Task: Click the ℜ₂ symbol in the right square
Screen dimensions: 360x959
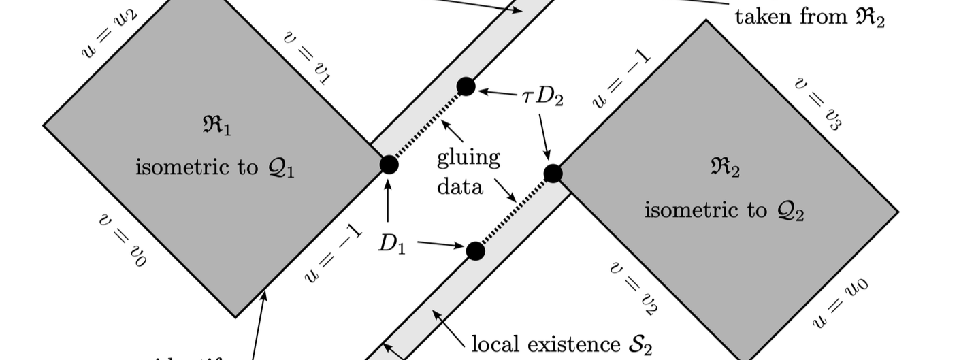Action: tap(724, 169)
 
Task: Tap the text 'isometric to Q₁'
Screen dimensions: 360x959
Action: tap(214, 167)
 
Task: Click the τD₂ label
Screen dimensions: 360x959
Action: tap(542, 96)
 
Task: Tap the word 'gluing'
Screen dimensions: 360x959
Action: tap(468, 159)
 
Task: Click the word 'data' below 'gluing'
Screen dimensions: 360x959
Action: tap(460, 186)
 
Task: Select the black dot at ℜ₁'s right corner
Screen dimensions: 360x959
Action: tap(389, 165)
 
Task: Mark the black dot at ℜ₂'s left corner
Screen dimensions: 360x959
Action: tap(553, 174)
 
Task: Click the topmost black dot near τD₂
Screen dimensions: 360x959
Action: tap(466, 86)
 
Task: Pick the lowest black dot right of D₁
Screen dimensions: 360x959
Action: tap(476, 251)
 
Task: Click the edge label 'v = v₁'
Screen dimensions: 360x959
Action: tap(307, 57)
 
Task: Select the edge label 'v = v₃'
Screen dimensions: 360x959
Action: tap(818, 103)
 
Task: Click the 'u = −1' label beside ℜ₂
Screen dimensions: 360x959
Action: tap(621, 80)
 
